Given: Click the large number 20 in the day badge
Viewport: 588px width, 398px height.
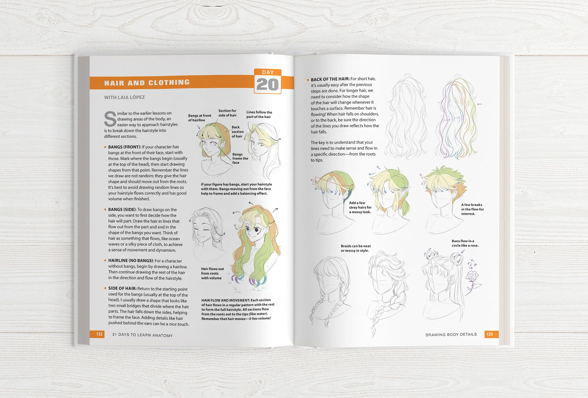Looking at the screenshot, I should pyautogui.click(x=268, y=85).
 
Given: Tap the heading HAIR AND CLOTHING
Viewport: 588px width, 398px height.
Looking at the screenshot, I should pyautogui.click(x=147, y=83).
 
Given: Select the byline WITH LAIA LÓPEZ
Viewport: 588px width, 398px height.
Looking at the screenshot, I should pyautogui.click(x=124, y=97).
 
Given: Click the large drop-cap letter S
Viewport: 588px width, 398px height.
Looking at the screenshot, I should pyautogui.click(x=110, y=119).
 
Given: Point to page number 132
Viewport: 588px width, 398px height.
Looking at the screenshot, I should pyautogui.click(x=99, y=334).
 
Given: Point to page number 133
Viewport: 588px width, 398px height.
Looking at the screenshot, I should pyautogui.click(x=490, y=334).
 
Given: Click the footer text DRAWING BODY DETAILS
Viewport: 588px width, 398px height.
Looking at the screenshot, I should pyautogui.click(x=451, y=335).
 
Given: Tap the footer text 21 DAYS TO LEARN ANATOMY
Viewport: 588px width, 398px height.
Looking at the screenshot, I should pyautogui.click(x=142, y=335).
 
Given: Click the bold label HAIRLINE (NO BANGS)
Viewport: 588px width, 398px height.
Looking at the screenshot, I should pyautogui.click(x=131, y=260).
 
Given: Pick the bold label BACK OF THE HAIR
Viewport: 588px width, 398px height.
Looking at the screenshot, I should pyautogui.click(x=330, y=79).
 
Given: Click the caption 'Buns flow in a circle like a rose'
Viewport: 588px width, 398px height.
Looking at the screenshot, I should pyautogui.click(x=465, y=243).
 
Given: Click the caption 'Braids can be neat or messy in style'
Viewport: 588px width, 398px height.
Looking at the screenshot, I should pyautogui.click(x=356, y=248).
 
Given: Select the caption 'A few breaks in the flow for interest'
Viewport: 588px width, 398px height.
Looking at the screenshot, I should pyautogui.click(x=472, y=209).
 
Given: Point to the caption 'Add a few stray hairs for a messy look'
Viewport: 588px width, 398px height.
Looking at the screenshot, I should pyautogui.click(x=360, y=207).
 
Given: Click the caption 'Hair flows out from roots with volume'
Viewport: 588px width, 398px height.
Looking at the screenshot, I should pyautogui.click(x=212, y=273).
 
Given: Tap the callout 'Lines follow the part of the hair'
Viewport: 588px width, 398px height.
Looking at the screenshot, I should pyautogui.click(x=259, y=114).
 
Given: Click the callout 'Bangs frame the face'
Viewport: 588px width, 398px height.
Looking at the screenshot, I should pyautogui.click(x=240, y=158).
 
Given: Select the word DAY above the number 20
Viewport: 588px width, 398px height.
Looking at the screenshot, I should pyautogui.click(x=268, y=72).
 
